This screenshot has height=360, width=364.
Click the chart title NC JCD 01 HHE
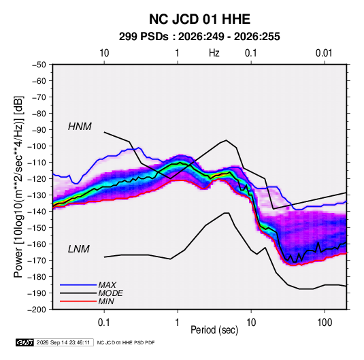(199, 19)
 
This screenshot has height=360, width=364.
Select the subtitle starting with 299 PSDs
(199, 37)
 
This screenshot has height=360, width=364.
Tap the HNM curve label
(80, 127)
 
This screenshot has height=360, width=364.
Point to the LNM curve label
(79, 249)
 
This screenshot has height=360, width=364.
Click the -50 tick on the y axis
(39, 65)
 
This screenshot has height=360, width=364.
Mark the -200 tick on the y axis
(37, 310)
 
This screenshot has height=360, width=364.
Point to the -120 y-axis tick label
(37, 179)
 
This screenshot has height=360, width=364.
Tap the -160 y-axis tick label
(37, 244)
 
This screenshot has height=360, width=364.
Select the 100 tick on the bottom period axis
(325, 323)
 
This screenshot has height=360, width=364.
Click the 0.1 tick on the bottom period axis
(104, 323)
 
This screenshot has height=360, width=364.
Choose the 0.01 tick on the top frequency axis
(324, 53)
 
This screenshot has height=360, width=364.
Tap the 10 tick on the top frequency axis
(104, 53)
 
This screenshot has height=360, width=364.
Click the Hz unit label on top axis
(214, 53)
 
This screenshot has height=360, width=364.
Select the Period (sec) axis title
(214, 330)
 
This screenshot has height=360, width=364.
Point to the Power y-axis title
(18, 186)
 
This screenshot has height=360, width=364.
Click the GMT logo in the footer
(24, 342)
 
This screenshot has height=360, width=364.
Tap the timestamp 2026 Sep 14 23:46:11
(63, 342)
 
